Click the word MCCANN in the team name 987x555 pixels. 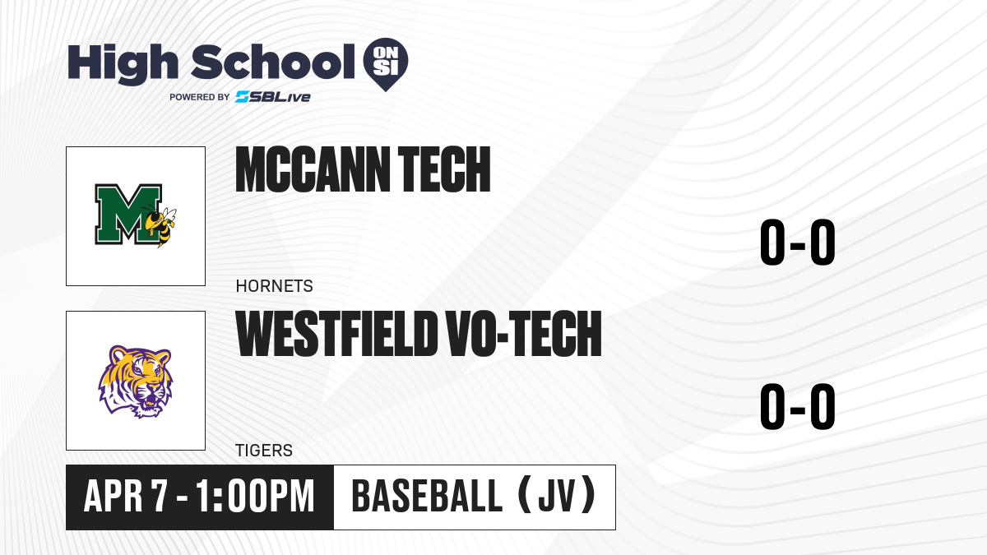click(313, 169)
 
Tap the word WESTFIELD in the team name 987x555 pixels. click(336, 334)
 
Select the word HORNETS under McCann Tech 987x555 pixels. click(274, 286)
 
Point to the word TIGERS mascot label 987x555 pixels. click(264, 451)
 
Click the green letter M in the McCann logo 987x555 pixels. click(128, 214)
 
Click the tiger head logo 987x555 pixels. click(135, 382)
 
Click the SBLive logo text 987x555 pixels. click(273, 97)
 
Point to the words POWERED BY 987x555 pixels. click(200, 97)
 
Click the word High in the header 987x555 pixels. click(123, 64)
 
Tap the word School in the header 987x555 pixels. click(273, 62)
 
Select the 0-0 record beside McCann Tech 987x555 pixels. click(798, 243)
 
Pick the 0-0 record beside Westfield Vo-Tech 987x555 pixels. click(798, 406)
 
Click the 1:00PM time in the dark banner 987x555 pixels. click(255, 497)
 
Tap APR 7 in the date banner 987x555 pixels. click(126, 497)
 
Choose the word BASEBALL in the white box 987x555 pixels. click(427, 497)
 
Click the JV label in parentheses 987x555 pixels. click(557, 497)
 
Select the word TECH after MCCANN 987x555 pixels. click(444, 169)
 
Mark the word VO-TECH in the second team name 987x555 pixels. click(523, 334)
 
